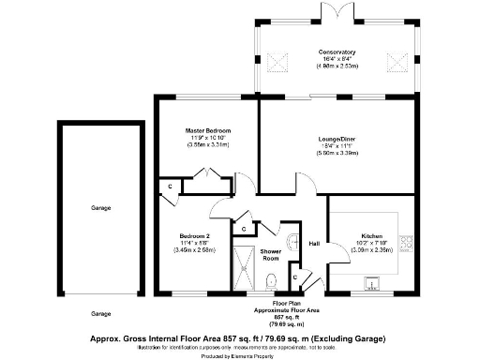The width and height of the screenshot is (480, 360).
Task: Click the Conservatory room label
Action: [335, 52]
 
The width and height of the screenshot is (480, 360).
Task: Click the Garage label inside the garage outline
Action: [101, 207]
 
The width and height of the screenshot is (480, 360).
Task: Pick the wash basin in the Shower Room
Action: [297, 239]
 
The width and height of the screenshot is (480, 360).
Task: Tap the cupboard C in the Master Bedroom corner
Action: [170, 187]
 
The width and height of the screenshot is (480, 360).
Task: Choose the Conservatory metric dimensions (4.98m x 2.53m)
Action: [335, 67]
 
